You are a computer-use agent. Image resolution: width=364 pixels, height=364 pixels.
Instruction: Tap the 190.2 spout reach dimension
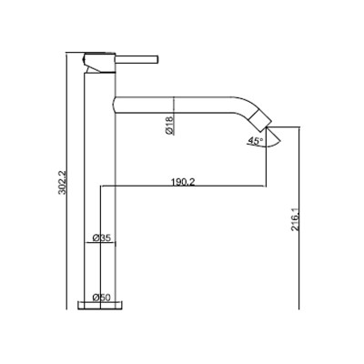click(183, 182)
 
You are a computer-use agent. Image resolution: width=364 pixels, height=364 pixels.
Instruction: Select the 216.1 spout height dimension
click(295, 219)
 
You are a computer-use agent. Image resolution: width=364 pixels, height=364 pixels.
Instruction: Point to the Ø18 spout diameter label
click(169, 125)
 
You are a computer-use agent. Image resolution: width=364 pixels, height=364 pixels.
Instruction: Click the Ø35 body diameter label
click(101, 238)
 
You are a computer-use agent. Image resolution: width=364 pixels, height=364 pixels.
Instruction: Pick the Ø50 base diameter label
click(101, 298)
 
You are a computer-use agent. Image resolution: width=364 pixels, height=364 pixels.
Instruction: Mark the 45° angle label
click(255, 141)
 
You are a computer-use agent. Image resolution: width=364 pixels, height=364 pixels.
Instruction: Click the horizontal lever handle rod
click(137, 60)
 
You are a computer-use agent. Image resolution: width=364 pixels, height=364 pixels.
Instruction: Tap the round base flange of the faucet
click(100, 306)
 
